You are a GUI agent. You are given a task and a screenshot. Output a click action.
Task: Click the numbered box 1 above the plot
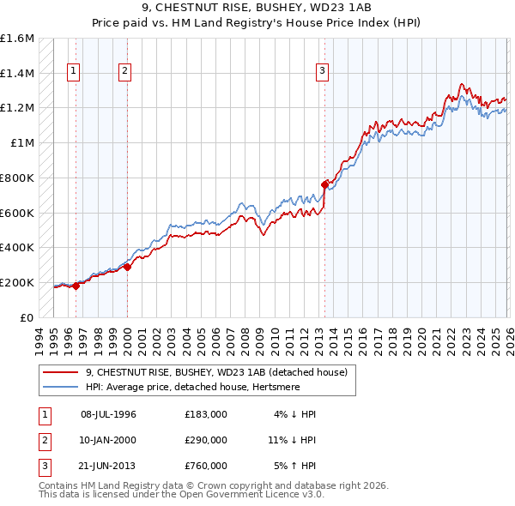tap(75, 71)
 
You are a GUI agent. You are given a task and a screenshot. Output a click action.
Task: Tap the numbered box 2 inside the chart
tap(125, 71)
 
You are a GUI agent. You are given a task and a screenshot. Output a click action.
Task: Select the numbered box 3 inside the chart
tap(323, 71)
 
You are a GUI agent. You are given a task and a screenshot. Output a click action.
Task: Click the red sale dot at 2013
tap(324, 184)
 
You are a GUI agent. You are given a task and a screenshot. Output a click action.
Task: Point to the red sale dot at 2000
tap(127, 267)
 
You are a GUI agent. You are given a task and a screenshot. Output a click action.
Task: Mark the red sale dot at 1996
tap(76, 286)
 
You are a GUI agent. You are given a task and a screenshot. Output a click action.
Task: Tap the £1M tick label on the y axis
tap(23, 143)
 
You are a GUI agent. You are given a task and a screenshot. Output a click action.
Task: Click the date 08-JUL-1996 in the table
tap(109, 414)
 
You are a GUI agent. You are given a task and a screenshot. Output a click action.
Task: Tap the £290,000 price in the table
tap(205, 440)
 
